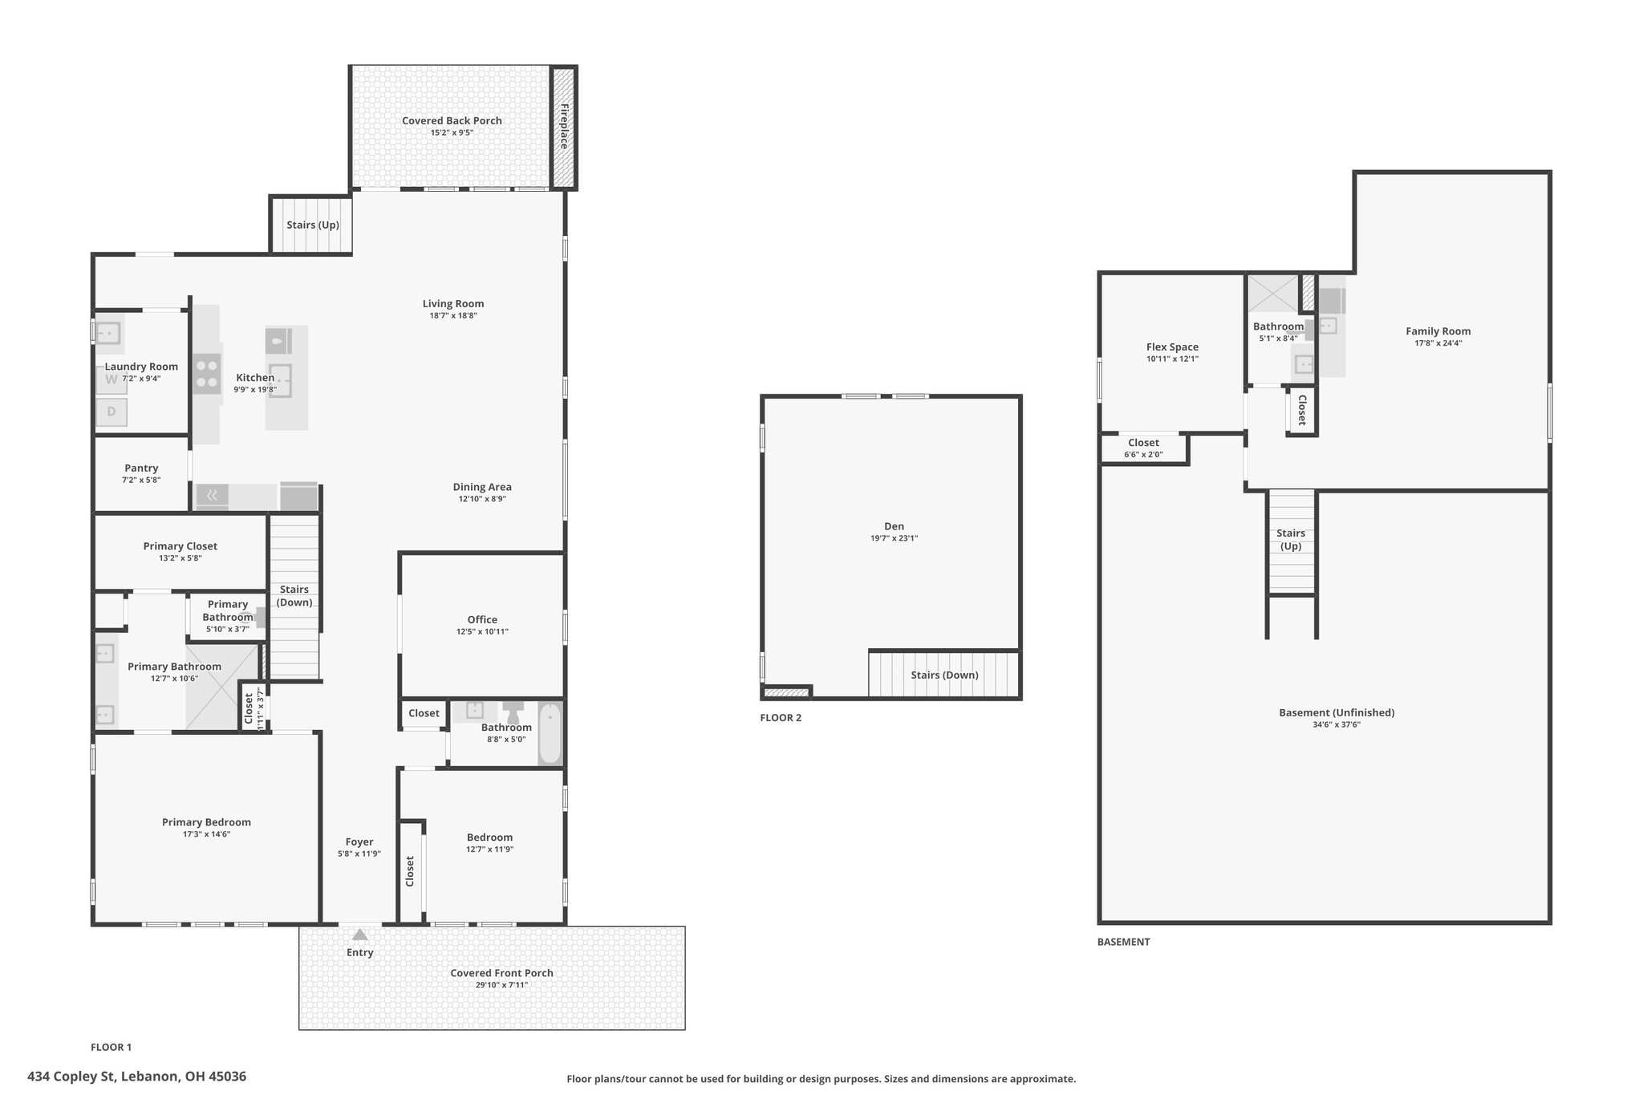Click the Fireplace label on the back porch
tap(564, 126)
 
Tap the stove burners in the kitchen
tap(207, 374)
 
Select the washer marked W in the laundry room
tap(112, 380)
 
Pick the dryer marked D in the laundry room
tap(112, 412)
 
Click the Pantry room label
tap(141, 468)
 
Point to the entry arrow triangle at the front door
tap(360, 934)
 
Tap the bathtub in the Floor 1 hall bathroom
tap(550, 733)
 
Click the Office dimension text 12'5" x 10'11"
tap(482, 631)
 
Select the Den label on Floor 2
tap(894, 526)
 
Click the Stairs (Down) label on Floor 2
tap(944, 675)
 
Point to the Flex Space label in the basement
tap(1172, 347)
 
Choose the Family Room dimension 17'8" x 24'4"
tap(1438, 343)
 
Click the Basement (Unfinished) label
tap(1337, 712)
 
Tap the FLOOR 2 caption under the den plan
tap(781, 718)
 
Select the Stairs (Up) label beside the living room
tap(313, 225)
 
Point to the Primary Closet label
tap(181, 546)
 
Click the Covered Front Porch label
tap(501, 973)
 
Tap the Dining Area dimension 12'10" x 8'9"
tap(482, 499)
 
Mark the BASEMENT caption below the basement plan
tap(1123, 942)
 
